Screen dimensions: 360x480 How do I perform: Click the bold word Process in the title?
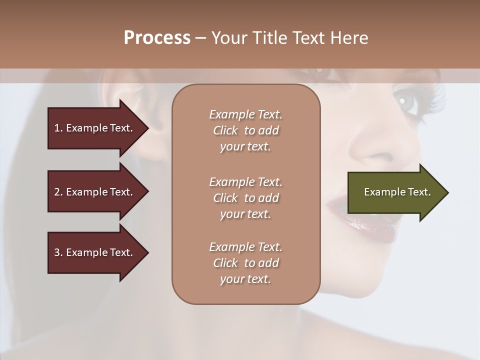pyautogui.click(x=157, y=38)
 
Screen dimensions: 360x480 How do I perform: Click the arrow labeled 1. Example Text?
pyautogui.click(x=95, y=128)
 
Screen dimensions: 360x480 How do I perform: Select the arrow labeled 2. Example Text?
pyautogui.click(x=95, y=192)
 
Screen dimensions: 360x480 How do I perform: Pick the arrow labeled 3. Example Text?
pyautogui.click(x=95, y=252)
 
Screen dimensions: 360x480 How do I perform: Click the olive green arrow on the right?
pyautogui.click(x=395, y=192)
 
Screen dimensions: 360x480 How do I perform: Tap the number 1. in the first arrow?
pyautogui.click(x=58, y=128)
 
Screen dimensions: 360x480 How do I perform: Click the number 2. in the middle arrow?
pyautogui.click(x=58, y=192)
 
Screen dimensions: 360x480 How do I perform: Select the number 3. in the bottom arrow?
pyautogui.click(x=58, y=252)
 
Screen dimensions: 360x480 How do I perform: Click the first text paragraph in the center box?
pyautogui.click(x=245, y=130)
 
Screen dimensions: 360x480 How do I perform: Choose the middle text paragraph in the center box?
pyautogui.click(x=245, y=198)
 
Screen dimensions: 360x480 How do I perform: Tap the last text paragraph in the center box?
pyautogui.click(x=245, y=263)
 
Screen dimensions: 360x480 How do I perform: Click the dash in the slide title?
pyautogui.click(x=201, y=38)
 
